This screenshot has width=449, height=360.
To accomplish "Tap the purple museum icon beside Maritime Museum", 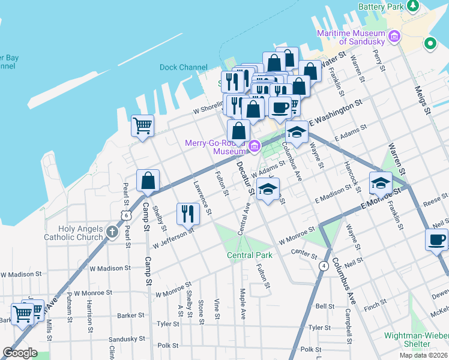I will tap(394, 37).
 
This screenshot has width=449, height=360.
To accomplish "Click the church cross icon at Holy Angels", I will tap(112, 232).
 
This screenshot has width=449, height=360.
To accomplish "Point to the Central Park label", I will tap(250, 255).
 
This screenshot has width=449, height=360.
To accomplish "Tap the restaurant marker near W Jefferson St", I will tap(188, 214).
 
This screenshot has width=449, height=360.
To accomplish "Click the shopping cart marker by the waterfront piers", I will tap(143, 125).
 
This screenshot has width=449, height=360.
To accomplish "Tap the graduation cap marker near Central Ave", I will tap(268, 189).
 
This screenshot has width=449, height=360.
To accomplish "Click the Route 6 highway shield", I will tap(125, 214).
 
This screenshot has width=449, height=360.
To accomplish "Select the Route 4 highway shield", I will tap(324, 265).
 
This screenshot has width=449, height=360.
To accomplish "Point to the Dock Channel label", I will tap(184, 68).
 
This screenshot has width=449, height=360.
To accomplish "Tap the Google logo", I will tap(20, 353).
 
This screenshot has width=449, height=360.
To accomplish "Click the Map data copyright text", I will tap(423, 355).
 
